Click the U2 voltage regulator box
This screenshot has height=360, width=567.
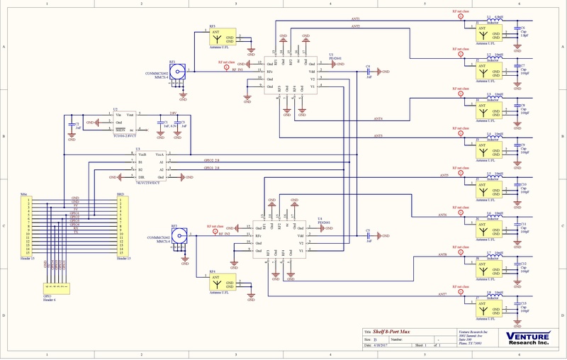pyautogui.click(x=127, y=123)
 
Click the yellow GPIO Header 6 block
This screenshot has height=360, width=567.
pyautogui.click(x=57, y=288)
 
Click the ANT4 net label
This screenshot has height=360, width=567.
pyautogui.click(x=378, y=119)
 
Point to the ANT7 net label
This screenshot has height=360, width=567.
pyautogui.click(x=444, y=293)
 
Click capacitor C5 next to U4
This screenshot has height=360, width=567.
pyautogui.click(x=369, y=235)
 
